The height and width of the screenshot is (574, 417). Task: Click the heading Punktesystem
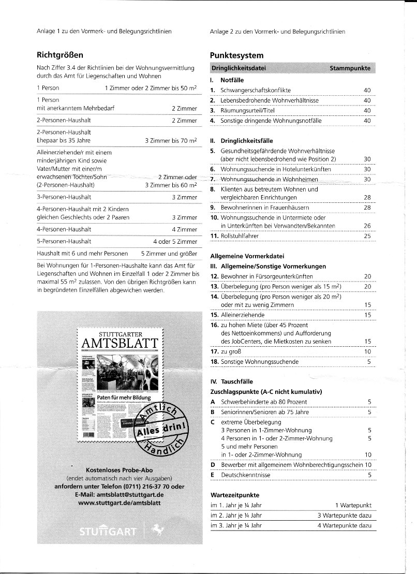[237, 55]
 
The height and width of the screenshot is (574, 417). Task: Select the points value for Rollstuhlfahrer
[367, 236]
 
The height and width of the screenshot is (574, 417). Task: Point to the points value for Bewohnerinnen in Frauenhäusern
[367, 208]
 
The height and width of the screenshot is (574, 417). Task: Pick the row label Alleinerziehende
[243, 315]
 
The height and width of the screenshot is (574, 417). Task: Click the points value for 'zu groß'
[367, 352]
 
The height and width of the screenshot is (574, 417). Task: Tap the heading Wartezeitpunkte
[235, 495]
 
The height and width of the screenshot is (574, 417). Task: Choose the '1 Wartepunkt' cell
[353, 505]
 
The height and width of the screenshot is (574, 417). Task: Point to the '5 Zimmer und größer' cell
[169, 254]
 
